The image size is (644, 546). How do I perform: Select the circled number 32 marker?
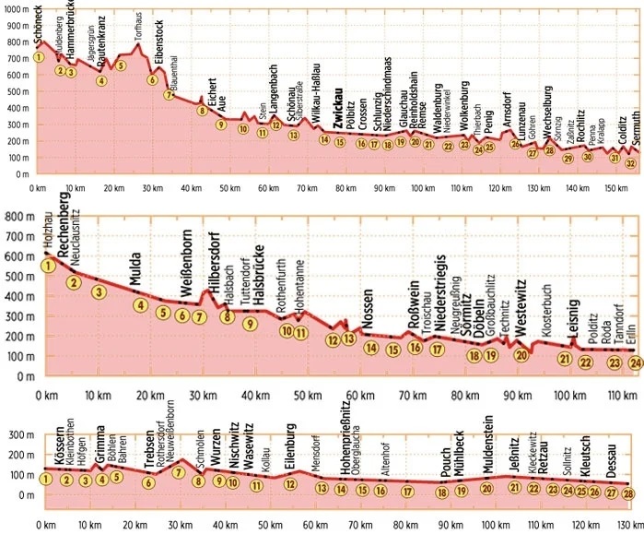pos(630,163)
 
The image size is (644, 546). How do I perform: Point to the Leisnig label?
pos(573,318)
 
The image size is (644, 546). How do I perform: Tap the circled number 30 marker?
pos(588,157)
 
